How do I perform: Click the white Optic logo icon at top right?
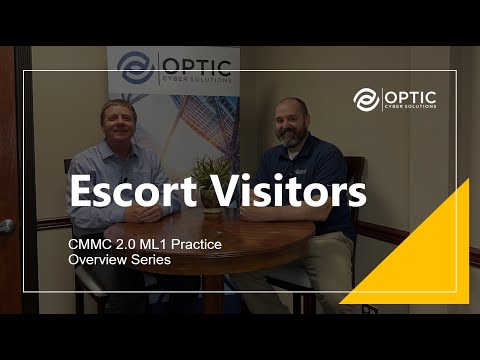pyautogui.click(x=366, y=100)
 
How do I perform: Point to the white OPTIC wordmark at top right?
pyautogui.click(x=408, y=95)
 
